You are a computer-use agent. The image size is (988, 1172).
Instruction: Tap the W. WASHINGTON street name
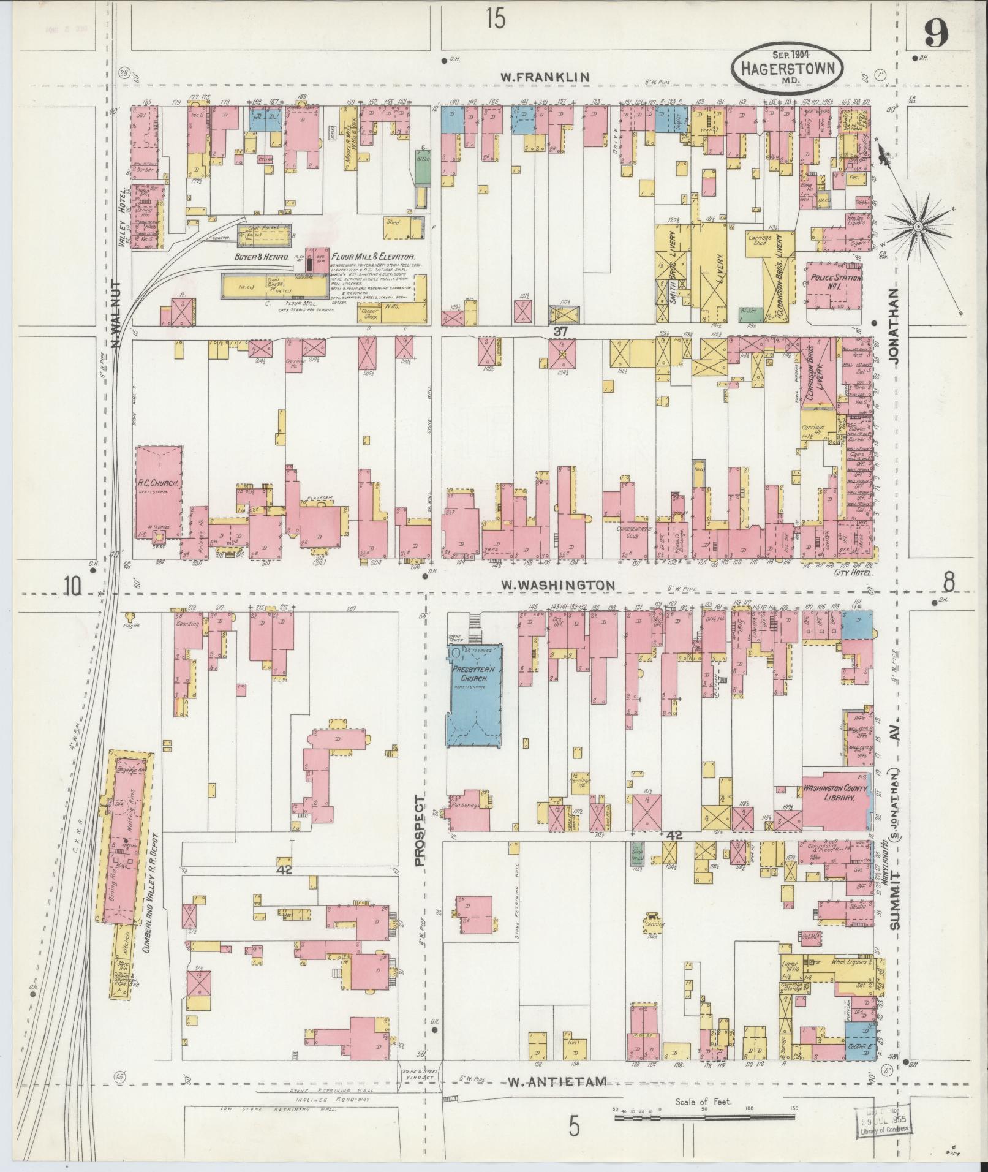point(557,586)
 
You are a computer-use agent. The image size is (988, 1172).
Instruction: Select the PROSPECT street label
point(420,830)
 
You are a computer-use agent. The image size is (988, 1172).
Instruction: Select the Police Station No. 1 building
point(835,284)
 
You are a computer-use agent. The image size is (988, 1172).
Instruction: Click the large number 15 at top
point(496,20)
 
